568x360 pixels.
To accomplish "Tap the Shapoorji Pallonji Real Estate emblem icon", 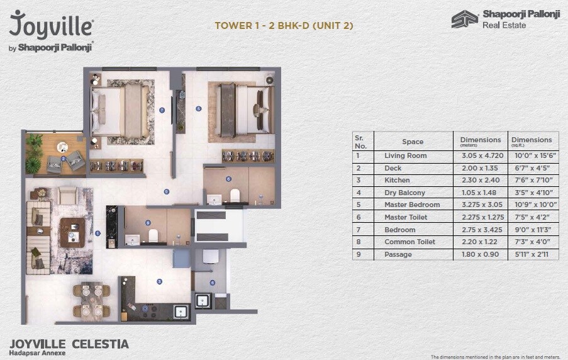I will pos(464,20).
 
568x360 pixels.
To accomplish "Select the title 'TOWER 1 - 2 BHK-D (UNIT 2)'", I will pos(284,26).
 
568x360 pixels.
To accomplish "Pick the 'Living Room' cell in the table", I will pos(405,155).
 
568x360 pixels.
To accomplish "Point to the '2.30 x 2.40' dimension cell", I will pos(480,180).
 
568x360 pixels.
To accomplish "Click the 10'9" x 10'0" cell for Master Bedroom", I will pos(532,205).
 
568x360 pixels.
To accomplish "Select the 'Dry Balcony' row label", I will pos(404,193).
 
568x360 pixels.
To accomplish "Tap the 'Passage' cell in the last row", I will pos(398,254).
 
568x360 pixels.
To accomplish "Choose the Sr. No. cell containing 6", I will pos(358,217).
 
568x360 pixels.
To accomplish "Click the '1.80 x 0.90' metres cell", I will pos(480,254).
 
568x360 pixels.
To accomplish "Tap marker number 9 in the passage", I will pos(166,191).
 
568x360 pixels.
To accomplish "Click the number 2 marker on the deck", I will pos(63,159).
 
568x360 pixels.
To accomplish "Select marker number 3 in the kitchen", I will pos(159,281).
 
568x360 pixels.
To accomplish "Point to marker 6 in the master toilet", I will pos(228,179).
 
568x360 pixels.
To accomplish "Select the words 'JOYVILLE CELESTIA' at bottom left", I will pos(69,344).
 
